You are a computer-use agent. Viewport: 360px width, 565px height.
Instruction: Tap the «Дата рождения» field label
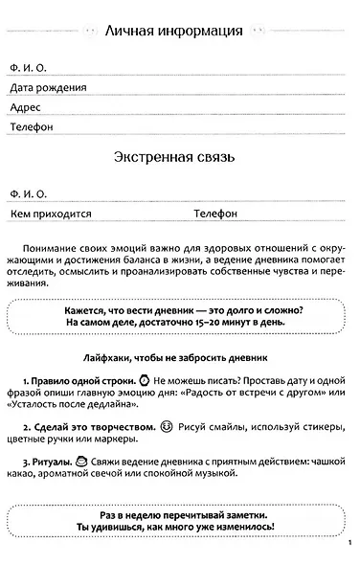48,87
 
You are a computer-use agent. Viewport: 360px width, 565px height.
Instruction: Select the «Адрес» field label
25,107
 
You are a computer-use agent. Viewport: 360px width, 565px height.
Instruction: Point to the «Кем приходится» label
47,213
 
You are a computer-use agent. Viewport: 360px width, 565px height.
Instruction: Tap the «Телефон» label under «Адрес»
33,126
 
